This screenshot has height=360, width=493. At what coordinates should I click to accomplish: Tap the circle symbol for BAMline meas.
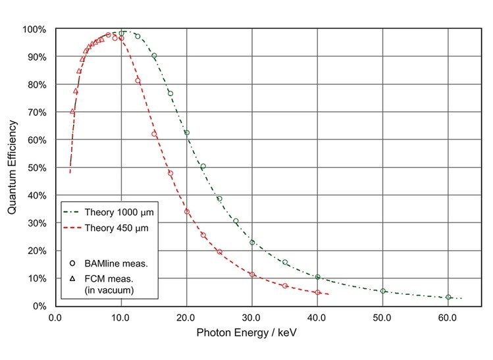point(71,263)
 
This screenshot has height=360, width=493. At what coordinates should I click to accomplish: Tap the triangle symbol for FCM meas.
point(71,279)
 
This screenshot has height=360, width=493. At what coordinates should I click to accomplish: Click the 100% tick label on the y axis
point(34,30)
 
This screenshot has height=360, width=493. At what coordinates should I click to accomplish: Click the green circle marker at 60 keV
point(448,297)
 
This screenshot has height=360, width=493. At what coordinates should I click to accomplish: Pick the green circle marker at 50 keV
point(383,291)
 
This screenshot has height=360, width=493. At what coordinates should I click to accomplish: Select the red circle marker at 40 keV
point(317,292)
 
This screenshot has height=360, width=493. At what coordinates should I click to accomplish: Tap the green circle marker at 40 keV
point(317,277)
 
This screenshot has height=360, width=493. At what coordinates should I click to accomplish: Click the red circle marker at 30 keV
point(252,274)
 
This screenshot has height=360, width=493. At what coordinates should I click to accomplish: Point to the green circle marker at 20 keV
point(186,133)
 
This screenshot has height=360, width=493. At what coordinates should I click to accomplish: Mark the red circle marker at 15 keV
point(154,134)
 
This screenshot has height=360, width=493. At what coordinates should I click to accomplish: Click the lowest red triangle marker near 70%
point(72,111)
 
